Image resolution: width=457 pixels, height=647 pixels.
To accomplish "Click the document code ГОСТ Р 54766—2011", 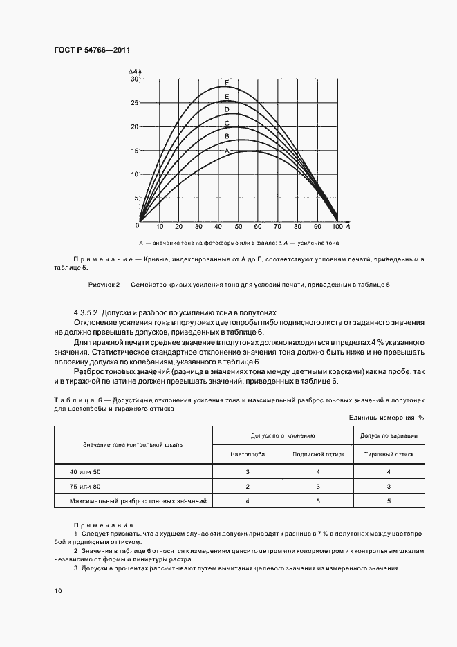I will pos(92,50).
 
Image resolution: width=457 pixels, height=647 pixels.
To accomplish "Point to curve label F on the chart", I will pos(227,83).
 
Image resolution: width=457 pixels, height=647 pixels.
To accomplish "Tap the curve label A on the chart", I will pos(227,150).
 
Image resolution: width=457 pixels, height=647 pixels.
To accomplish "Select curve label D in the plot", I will pos(227,110).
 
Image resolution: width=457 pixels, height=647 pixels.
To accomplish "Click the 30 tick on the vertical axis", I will pos(135,79).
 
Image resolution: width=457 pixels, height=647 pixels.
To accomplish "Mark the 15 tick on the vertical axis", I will pos(135,151).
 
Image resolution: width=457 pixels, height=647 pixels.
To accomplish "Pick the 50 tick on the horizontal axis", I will pos(239,227).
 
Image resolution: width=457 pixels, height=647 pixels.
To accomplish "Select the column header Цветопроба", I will pos(248,454).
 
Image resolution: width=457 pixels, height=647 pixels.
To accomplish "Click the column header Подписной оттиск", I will pos(318,454).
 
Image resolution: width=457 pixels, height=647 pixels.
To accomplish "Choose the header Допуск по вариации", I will pos(389,435).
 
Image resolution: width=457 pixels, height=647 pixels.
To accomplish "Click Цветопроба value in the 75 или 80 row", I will pos(248,486).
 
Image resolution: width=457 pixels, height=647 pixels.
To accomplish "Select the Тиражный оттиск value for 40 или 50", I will pos(389,471).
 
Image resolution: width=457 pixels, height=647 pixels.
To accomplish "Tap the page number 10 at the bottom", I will pos(57,591).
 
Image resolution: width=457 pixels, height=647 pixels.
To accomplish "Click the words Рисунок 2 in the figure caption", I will pos(105,285).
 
